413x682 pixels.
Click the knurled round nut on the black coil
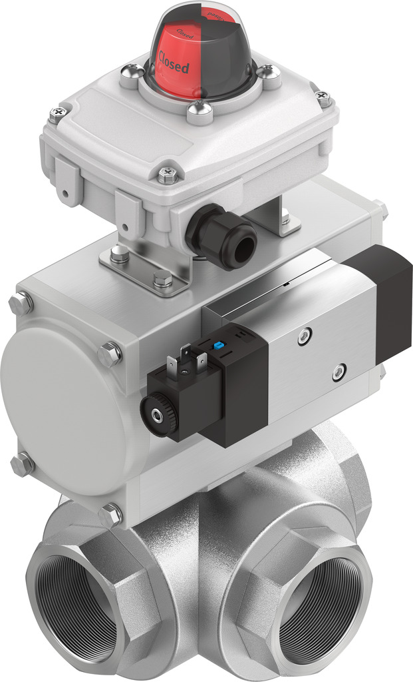click(x=158, y=414)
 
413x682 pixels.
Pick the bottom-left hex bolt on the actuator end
click(x=21, y=464)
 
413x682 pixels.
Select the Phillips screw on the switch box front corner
click(x=167, y=176)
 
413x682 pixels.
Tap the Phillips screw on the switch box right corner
click(x=324, y=99)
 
